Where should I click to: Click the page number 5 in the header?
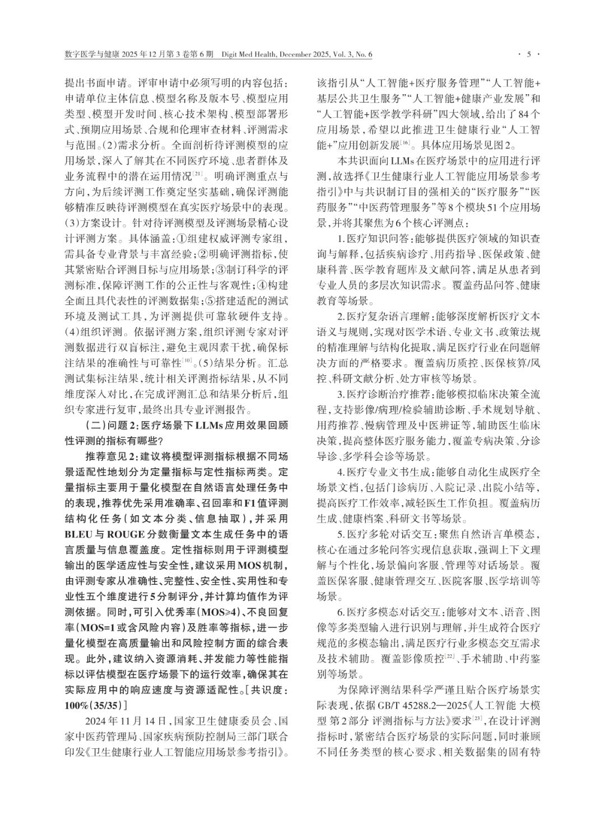click(528, 54)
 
